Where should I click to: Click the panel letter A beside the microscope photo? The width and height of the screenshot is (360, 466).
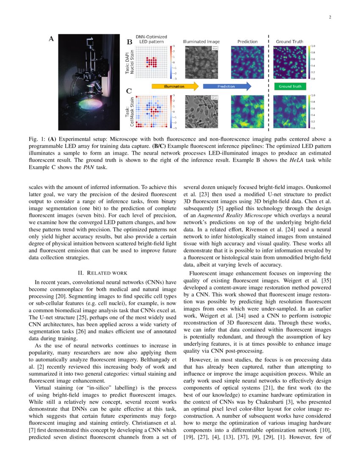(x=51, y=39)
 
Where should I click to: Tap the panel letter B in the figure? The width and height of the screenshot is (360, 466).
(x=130, y=42)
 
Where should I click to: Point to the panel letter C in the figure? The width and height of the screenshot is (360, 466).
(x=130, y=91)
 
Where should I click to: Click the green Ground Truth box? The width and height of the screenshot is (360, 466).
(x=290, y=86)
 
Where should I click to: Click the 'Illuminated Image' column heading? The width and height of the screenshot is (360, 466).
(x=201, y=42)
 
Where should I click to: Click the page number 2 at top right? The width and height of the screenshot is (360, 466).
(x=329, y=17)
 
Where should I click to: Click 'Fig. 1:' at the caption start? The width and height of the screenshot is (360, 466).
(x=36, y=139)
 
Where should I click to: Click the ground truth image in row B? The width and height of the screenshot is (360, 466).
(x=290, y=62)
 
